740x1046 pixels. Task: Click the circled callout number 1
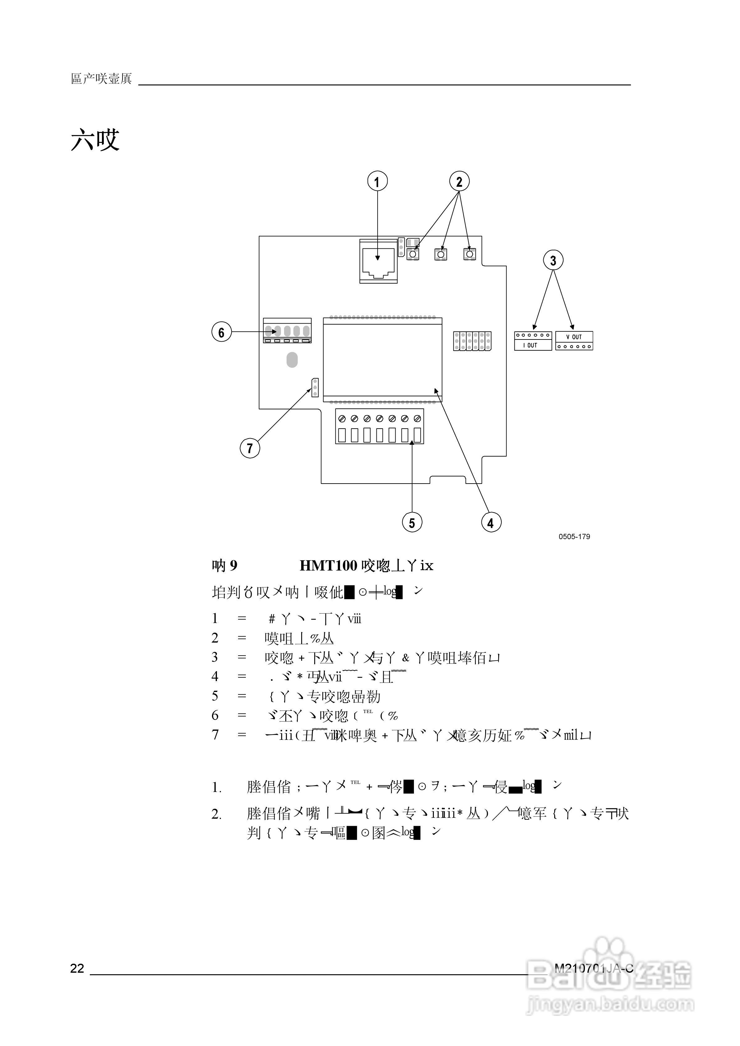tap(377, 181)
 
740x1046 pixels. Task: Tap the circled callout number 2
tap(459, 181)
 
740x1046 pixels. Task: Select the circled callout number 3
tap(553, 260)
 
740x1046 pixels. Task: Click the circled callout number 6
tap(222, 332)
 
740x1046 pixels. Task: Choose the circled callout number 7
tap(250, 448)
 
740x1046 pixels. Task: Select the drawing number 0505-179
tap(574, 537)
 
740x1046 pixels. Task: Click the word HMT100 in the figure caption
tap(328, 566)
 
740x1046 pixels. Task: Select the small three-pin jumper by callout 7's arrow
tap(315, 387)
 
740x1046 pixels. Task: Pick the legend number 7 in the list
tap(215, 735)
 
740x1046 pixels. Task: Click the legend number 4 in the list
tap(215, 676)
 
